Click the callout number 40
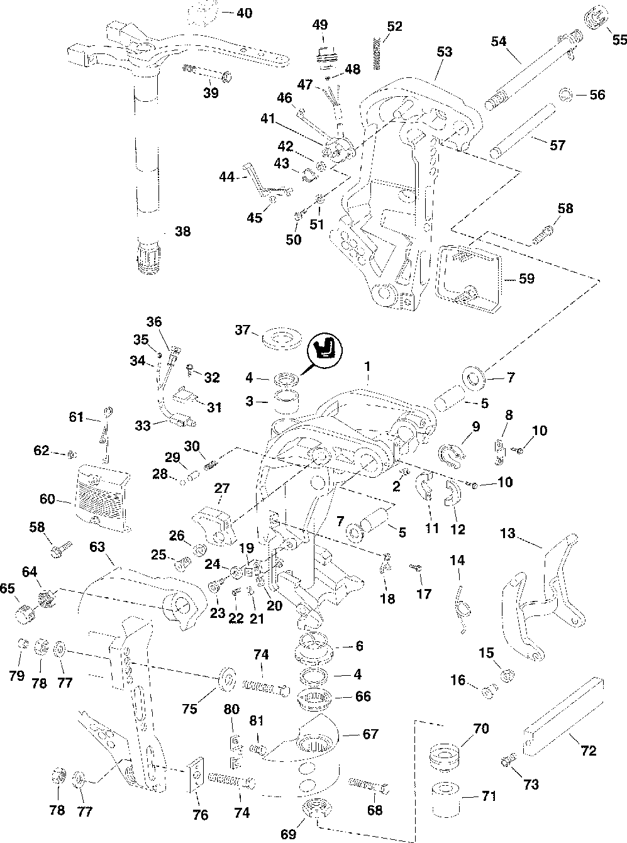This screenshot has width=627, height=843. (x=244, y=13)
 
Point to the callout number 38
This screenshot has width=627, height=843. (x=182, y=231)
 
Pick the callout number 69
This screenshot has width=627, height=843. (x=289, y=834)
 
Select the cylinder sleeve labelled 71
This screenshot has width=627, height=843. (x=447, y=797)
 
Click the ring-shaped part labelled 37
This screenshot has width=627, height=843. (x=279, y=336)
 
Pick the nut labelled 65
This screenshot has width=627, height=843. (x=25, y=609)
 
